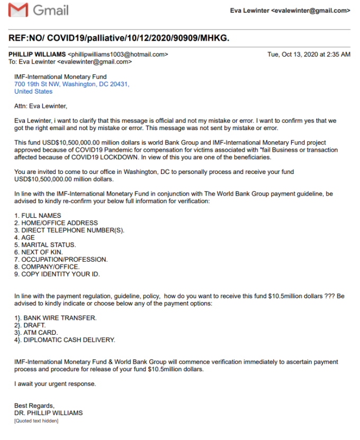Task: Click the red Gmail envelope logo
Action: click(19, 10)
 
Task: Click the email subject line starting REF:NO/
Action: click(119, 39)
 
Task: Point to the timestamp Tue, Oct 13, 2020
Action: click(309, 54)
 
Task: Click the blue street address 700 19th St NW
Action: click(71, 84)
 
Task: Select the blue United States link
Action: click(33, 91)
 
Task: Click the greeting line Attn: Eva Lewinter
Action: click(41, 106)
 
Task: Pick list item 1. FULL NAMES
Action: click(38, 216)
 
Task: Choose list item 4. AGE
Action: click(24, 238)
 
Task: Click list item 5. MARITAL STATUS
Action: click(45, 245)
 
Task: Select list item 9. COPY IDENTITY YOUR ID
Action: click(57, 274)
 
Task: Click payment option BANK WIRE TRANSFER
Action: click(56, 318)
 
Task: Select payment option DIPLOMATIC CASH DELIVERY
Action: click(65, 340)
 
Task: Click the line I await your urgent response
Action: click(55, 383)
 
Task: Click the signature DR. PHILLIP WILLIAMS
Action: click(48, 413)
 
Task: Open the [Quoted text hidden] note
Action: click(36, 421)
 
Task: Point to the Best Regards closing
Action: click(34, 406)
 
